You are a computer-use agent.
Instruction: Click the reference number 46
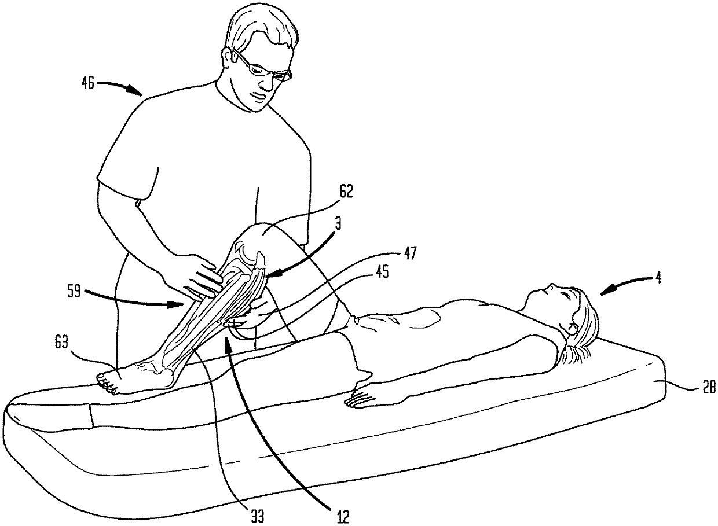pyautogui.click(x=87, y=83)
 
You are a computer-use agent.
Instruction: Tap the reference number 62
pyautogui.click(x=345, y=192)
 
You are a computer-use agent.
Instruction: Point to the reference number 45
pyautogui.click(x=382, y=272)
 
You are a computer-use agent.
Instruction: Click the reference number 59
pyautogui.click(x=74, y=292)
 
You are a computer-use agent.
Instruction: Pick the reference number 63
pyautogui.click(x=61, y=343)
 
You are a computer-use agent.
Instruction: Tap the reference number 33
pyautogui.click(x=258, y=517)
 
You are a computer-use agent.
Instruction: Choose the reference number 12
pyautogui.click(x=343, y=517)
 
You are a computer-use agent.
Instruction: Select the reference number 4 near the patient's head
pyautogui.click(x=658, y=277)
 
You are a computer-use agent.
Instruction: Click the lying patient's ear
pyautogui.click(x=573, y=328)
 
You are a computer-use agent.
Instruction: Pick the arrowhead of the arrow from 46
pyautogui.click(x=136, y=91)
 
